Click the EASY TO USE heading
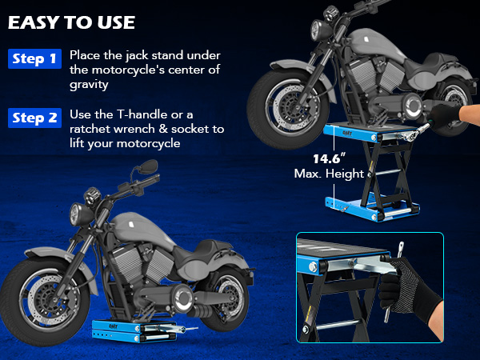pyautogui.click(x=71, y=22)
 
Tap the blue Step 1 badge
pyautogui.click(x=34, y=58)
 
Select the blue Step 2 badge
pyautogui.click(x=34, y=118)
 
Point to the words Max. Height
pyautogui.click(x=329, y=174)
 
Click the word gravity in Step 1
pyautogui.click(x=89, y=85)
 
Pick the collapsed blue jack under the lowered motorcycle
pyautogui.click(x=134, y=331)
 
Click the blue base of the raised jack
pyautogui.click(x=372, y=208)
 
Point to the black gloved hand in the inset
pyautogui.click(x=404, y=288)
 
